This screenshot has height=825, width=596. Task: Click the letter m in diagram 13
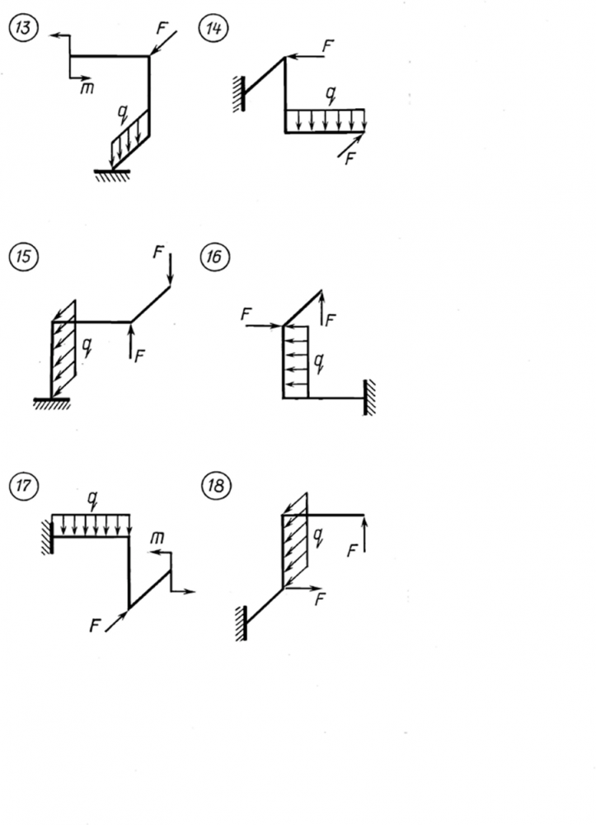click(87, 87)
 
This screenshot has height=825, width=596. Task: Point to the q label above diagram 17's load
click(93, 498)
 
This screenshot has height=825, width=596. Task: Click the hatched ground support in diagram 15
click(51, 403)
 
